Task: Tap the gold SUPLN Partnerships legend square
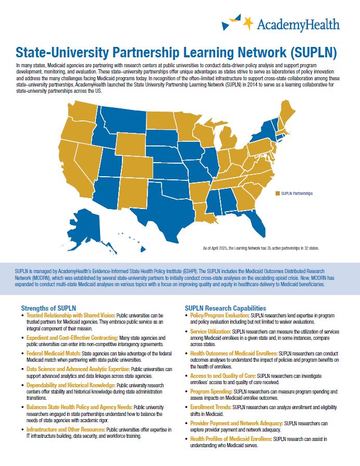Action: click(278, 193)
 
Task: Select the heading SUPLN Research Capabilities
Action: click(225, 308)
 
